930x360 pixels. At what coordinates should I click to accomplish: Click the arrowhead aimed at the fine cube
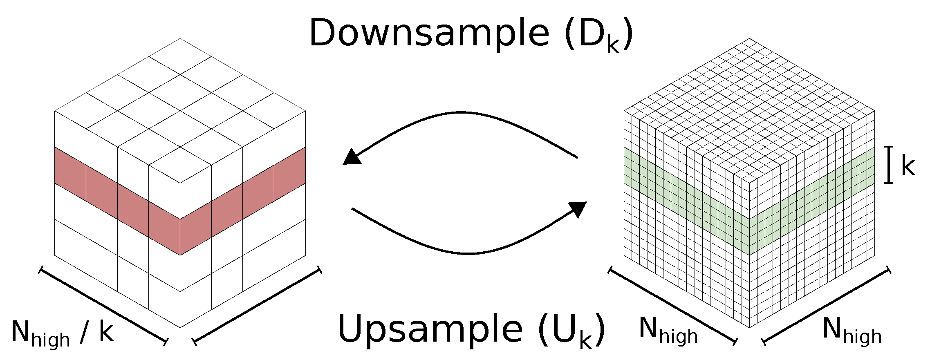[x=577, y=208]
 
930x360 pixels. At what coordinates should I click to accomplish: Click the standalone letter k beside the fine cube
[x=908, y=166]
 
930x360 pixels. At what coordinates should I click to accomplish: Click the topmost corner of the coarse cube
[x=180, y=39]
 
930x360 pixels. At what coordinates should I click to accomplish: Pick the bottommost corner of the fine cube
[x=749, y=327]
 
